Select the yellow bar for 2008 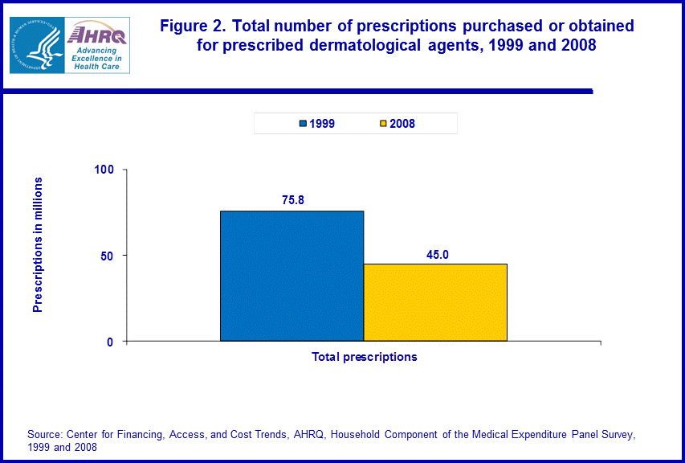(435, 302)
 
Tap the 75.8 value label (292, 199)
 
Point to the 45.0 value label (437, 254)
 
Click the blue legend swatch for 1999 (304, 124)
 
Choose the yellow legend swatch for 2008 (384, 124)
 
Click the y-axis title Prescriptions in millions (37, 244)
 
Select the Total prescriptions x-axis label (365, 357)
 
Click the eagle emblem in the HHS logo (35, 45)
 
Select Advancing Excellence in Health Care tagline (96, 58)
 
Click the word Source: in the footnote (45, 435)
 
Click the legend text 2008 (402, 124)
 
